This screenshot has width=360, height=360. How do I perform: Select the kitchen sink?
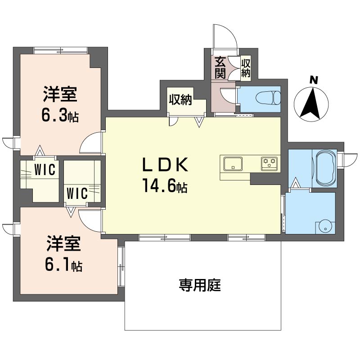[x=233, y=164]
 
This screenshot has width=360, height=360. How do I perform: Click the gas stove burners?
[x=269, y=164]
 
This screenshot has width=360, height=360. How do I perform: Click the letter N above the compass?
[x=313, y=80]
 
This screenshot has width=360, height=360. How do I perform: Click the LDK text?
[x=165, y=165]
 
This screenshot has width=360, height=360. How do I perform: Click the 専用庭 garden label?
[x=200, y=285]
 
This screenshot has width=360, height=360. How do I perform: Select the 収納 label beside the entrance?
[x=245, y=68]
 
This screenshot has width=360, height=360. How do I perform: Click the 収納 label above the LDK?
[x=180, y=100]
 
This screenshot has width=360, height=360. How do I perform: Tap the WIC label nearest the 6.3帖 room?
[x=45, y=170]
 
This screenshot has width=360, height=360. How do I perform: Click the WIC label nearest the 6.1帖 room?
[x=77, y=193]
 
